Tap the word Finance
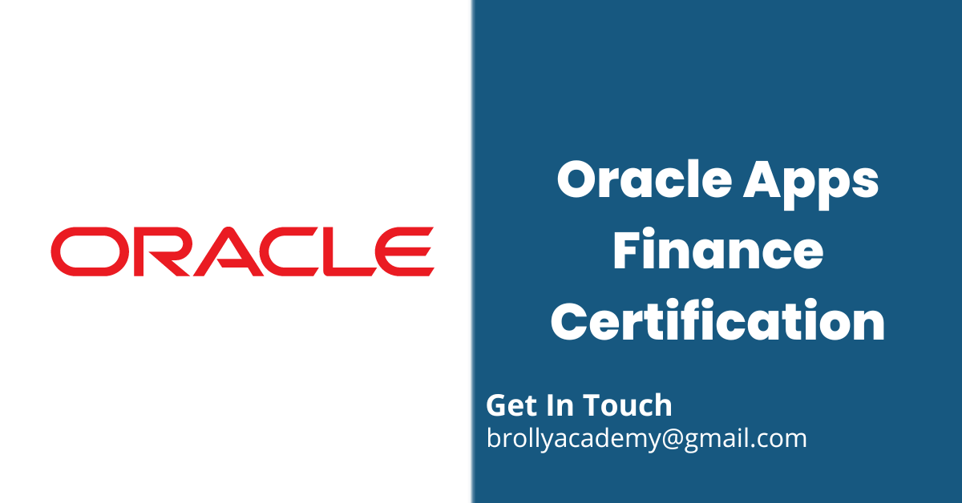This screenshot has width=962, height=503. [718, 251]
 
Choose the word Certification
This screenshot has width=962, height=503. [718, 320]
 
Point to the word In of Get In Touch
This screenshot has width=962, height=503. [563, 405]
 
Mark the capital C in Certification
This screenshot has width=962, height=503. [568, 320]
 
